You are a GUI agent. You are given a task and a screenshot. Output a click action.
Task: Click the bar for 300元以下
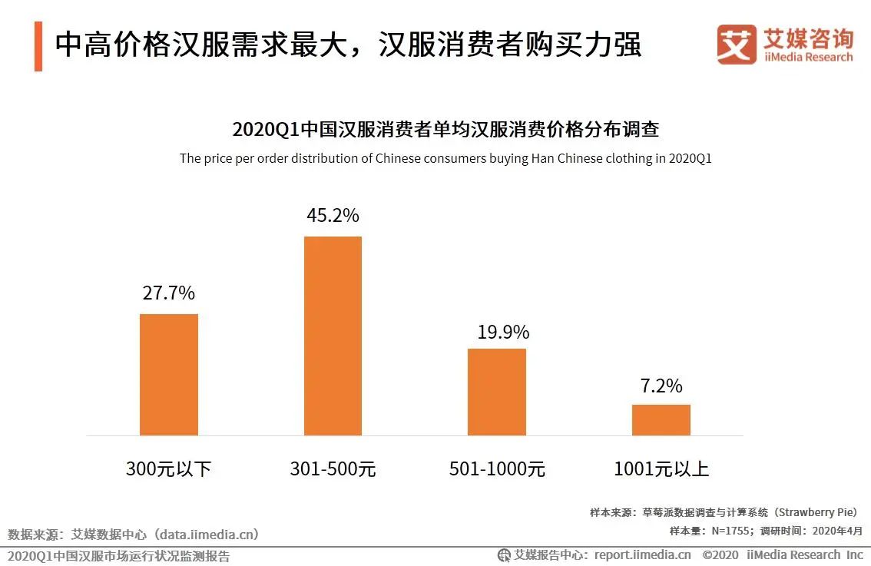pyautogui.click(x=168, y=374)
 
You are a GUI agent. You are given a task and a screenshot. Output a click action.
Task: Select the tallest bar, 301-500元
pyautogui.click(x=333, y=336)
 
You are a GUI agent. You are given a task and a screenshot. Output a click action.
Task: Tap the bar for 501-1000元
pyautogui.click(x=497, y=392)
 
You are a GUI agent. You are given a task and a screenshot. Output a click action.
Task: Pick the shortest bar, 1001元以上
pyautogui.click(x=661, y=419)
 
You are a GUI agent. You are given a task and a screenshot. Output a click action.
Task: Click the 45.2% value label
pyautogui.click(x=333, y=216)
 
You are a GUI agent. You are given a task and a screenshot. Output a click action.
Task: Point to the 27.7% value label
pyautogui.click(x=168, y=293)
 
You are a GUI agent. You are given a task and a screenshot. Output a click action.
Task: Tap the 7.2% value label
pyautogui.click(x=661, y=386)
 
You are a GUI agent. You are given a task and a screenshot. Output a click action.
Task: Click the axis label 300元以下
pyautogui.click(x=168, y=468)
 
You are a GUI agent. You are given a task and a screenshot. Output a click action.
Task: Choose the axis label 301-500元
pyautogui.click(x=333, y=468)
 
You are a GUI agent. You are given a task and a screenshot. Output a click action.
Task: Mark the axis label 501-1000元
pyautogui.click(x=497, y=468)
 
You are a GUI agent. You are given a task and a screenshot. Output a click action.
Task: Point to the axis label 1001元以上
pyautogui.click(x=661, y=468)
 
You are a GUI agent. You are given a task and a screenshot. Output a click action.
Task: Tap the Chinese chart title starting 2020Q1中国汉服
pyautogui.click(x=445, y=129)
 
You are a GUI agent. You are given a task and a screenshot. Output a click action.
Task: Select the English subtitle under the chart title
pyautogui.click(x=445, y=159)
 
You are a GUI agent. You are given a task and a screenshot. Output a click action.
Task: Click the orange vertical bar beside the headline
pyautogui.click(x=38, y=47)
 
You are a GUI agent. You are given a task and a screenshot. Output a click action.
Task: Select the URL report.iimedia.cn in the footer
pyautogui.click(x=642, y=554)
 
